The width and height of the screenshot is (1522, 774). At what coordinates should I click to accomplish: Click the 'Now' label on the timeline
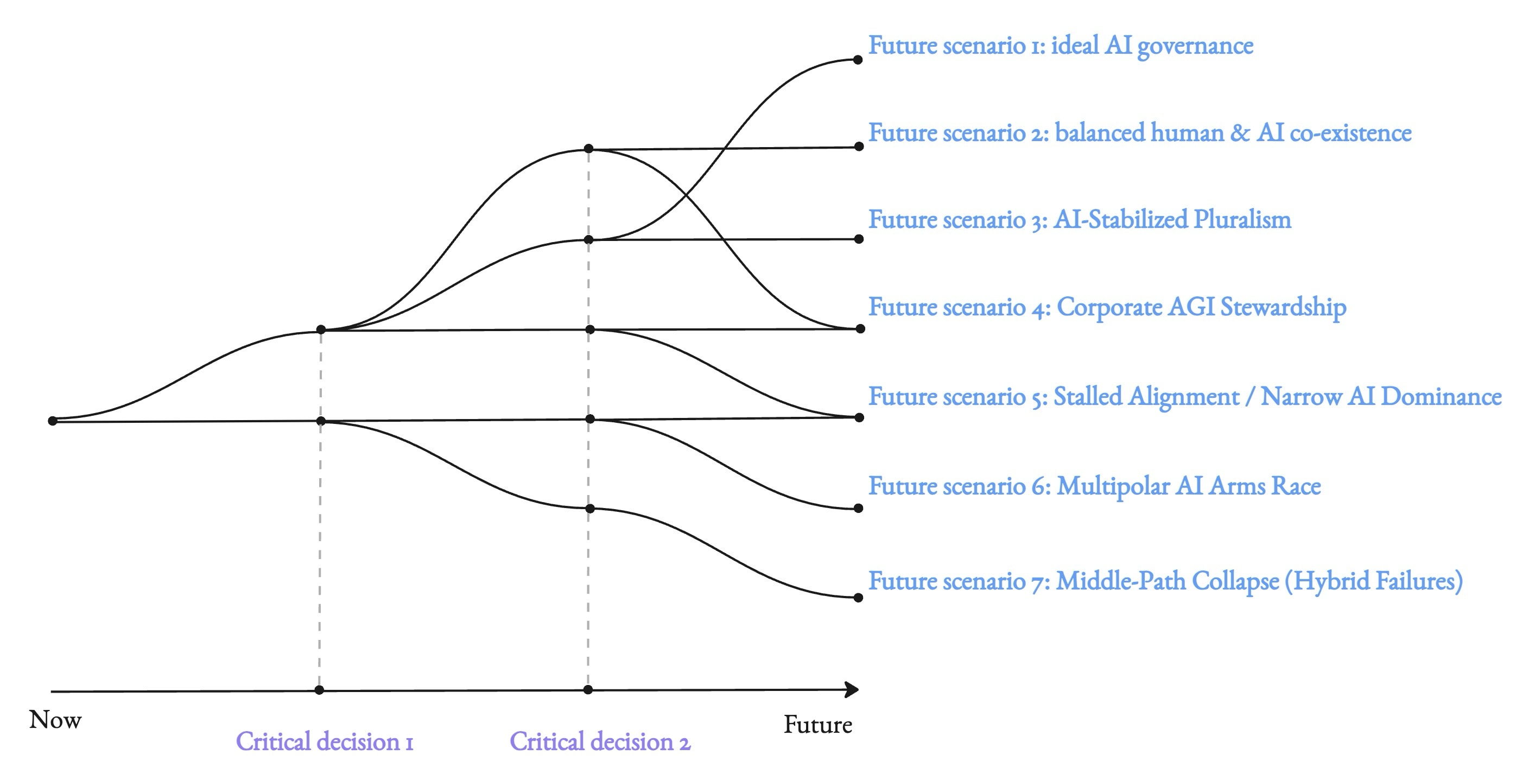click(x=55, y=720)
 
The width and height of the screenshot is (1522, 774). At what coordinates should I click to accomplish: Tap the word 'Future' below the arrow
click(x=817, y=725)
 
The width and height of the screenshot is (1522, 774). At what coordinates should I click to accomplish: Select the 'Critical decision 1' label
click(x=325, y=741)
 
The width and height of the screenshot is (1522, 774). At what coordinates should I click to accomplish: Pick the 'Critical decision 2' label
click(x=600, y=741)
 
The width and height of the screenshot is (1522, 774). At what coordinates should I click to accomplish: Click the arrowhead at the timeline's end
click(x=852, y=689)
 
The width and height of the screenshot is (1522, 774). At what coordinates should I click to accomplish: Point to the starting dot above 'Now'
click(x=53, y=421)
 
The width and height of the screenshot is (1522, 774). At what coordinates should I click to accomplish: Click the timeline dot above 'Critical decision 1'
click(x=319, y=690)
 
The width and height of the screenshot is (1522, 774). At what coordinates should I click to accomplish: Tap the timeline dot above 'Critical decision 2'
click(x=588, y=689)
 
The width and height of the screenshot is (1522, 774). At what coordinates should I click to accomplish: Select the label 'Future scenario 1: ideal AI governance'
click(x=1061, y=46)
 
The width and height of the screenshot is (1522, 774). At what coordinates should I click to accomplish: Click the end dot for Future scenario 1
click(x=858, y=60)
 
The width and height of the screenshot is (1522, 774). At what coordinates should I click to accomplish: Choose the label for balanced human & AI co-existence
click(x=1140, y=133)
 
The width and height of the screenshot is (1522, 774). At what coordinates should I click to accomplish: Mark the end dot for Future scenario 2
click(x=860, y=147)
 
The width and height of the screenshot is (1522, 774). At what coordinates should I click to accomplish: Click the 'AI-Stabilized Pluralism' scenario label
click(x=1080, y=220)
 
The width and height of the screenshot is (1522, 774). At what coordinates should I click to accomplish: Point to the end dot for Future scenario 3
click(x=859, y=239)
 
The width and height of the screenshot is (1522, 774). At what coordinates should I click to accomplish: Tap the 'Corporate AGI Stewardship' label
click(x=1107, y=307)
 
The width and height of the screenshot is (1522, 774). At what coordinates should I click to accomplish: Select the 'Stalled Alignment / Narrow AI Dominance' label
click(x=1184, y=396)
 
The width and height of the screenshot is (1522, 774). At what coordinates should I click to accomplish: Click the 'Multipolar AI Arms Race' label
click(x=1094, y=486)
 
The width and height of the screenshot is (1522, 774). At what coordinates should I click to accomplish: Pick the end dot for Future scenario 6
click(x=859, y=508)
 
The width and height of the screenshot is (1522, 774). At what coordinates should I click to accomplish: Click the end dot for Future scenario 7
click(x=859, y=598)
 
